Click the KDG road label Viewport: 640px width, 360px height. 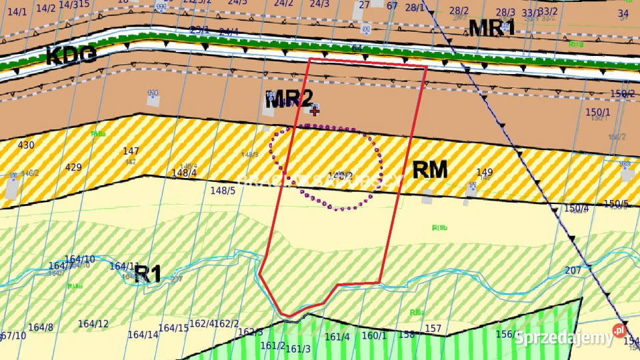pos(71,56)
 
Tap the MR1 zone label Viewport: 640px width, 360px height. pos(492,28)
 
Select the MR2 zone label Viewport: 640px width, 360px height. pos(289,99)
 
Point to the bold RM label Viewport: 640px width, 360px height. pos(430,170)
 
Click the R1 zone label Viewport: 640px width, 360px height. pos(147,273)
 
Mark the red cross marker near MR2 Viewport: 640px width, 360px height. pos(315,111)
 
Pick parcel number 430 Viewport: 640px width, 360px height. pos(26,145)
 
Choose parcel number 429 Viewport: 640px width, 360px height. pos(73,167)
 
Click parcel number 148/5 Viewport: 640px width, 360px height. pos(223,191)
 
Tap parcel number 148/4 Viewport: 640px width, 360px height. pos(185,173)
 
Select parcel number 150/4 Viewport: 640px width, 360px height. pos(576,209)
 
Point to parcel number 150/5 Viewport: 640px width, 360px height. pos(615,203)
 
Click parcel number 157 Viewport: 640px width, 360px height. pos(433,329)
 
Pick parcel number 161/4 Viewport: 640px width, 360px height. pos(337,337)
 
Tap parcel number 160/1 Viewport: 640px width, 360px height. pos(374,335)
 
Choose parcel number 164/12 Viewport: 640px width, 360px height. pos(93,324)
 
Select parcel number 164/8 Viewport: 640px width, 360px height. pos(41,327)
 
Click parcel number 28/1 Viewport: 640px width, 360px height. pos(415,7)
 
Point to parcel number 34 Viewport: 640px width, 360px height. pos(623,13)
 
